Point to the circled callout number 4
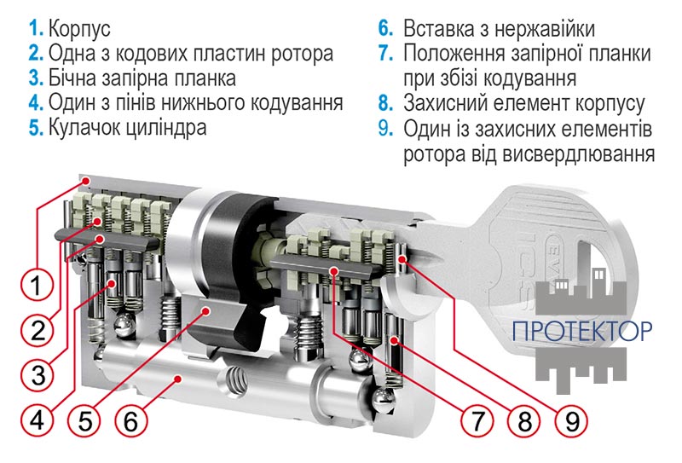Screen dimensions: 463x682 [x=33, y=420]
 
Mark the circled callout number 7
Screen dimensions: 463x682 [x=477, y=420]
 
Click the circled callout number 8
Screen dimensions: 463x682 [x=523, y=420]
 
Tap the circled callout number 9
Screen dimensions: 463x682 [x=569, y=420]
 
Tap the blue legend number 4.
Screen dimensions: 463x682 [x=35, y=103]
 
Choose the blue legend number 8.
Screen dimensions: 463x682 [x=386, y=103]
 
